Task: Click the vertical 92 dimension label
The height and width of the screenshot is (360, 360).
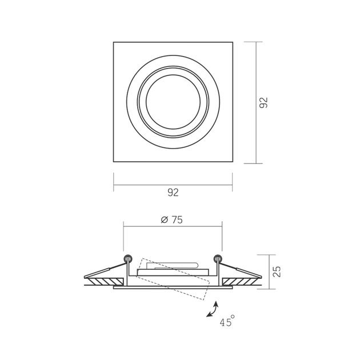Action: pyautogui.click(x=263, y=103)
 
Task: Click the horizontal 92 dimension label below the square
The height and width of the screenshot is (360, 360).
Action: pyautogui.click(x=173, y=193)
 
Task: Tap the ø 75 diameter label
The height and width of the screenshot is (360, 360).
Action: pyautogui.click(x=172, y=220)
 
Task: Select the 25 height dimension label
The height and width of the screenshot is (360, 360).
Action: pyautogui.click(x=277, y=272)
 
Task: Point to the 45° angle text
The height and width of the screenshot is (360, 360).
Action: pyautogui.click(x=227, y=321)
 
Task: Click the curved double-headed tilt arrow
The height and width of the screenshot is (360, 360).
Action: pyautogui.click(x=212, y=309)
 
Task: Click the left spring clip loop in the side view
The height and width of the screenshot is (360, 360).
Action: pyautogui.click(x=128, y=259)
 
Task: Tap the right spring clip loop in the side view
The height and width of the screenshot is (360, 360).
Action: pyautogui.click(x=218, y=259)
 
